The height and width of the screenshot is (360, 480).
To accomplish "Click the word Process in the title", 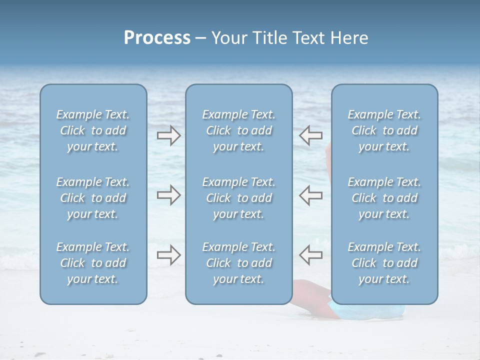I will pos(157,38).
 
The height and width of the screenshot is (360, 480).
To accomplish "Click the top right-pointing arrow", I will pos(169,135).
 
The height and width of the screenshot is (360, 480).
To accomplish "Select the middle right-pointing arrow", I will pos(169,195).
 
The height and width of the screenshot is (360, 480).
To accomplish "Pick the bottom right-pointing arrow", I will pos(169,255).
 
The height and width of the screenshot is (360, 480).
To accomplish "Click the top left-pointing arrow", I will pos(310,135).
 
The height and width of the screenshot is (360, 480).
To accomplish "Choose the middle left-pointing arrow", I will pos(310,195).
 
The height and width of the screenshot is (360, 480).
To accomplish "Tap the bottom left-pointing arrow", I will pos(310,255).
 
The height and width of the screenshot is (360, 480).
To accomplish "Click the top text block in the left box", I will pos(93,130).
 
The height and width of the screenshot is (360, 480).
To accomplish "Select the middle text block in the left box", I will pos(93,198).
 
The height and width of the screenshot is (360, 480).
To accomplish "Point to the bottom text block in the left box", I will pos(93,263).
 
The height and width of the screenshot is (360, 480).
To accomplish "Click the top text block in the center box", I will pos(238,130).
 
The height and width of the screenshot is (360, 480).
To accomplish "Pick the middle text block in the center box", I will pos(238,198).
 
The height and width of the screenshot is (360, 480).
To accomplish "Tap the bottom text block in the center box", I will pos(238,263).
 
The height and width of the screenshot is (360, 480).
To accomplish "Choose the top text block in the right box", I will pos(384,130).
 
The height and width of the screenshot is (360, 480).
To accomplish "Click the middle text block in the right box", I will pos(384,198).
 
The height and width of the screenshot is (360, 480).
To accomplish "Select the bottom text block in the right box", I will pos(384,263).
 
